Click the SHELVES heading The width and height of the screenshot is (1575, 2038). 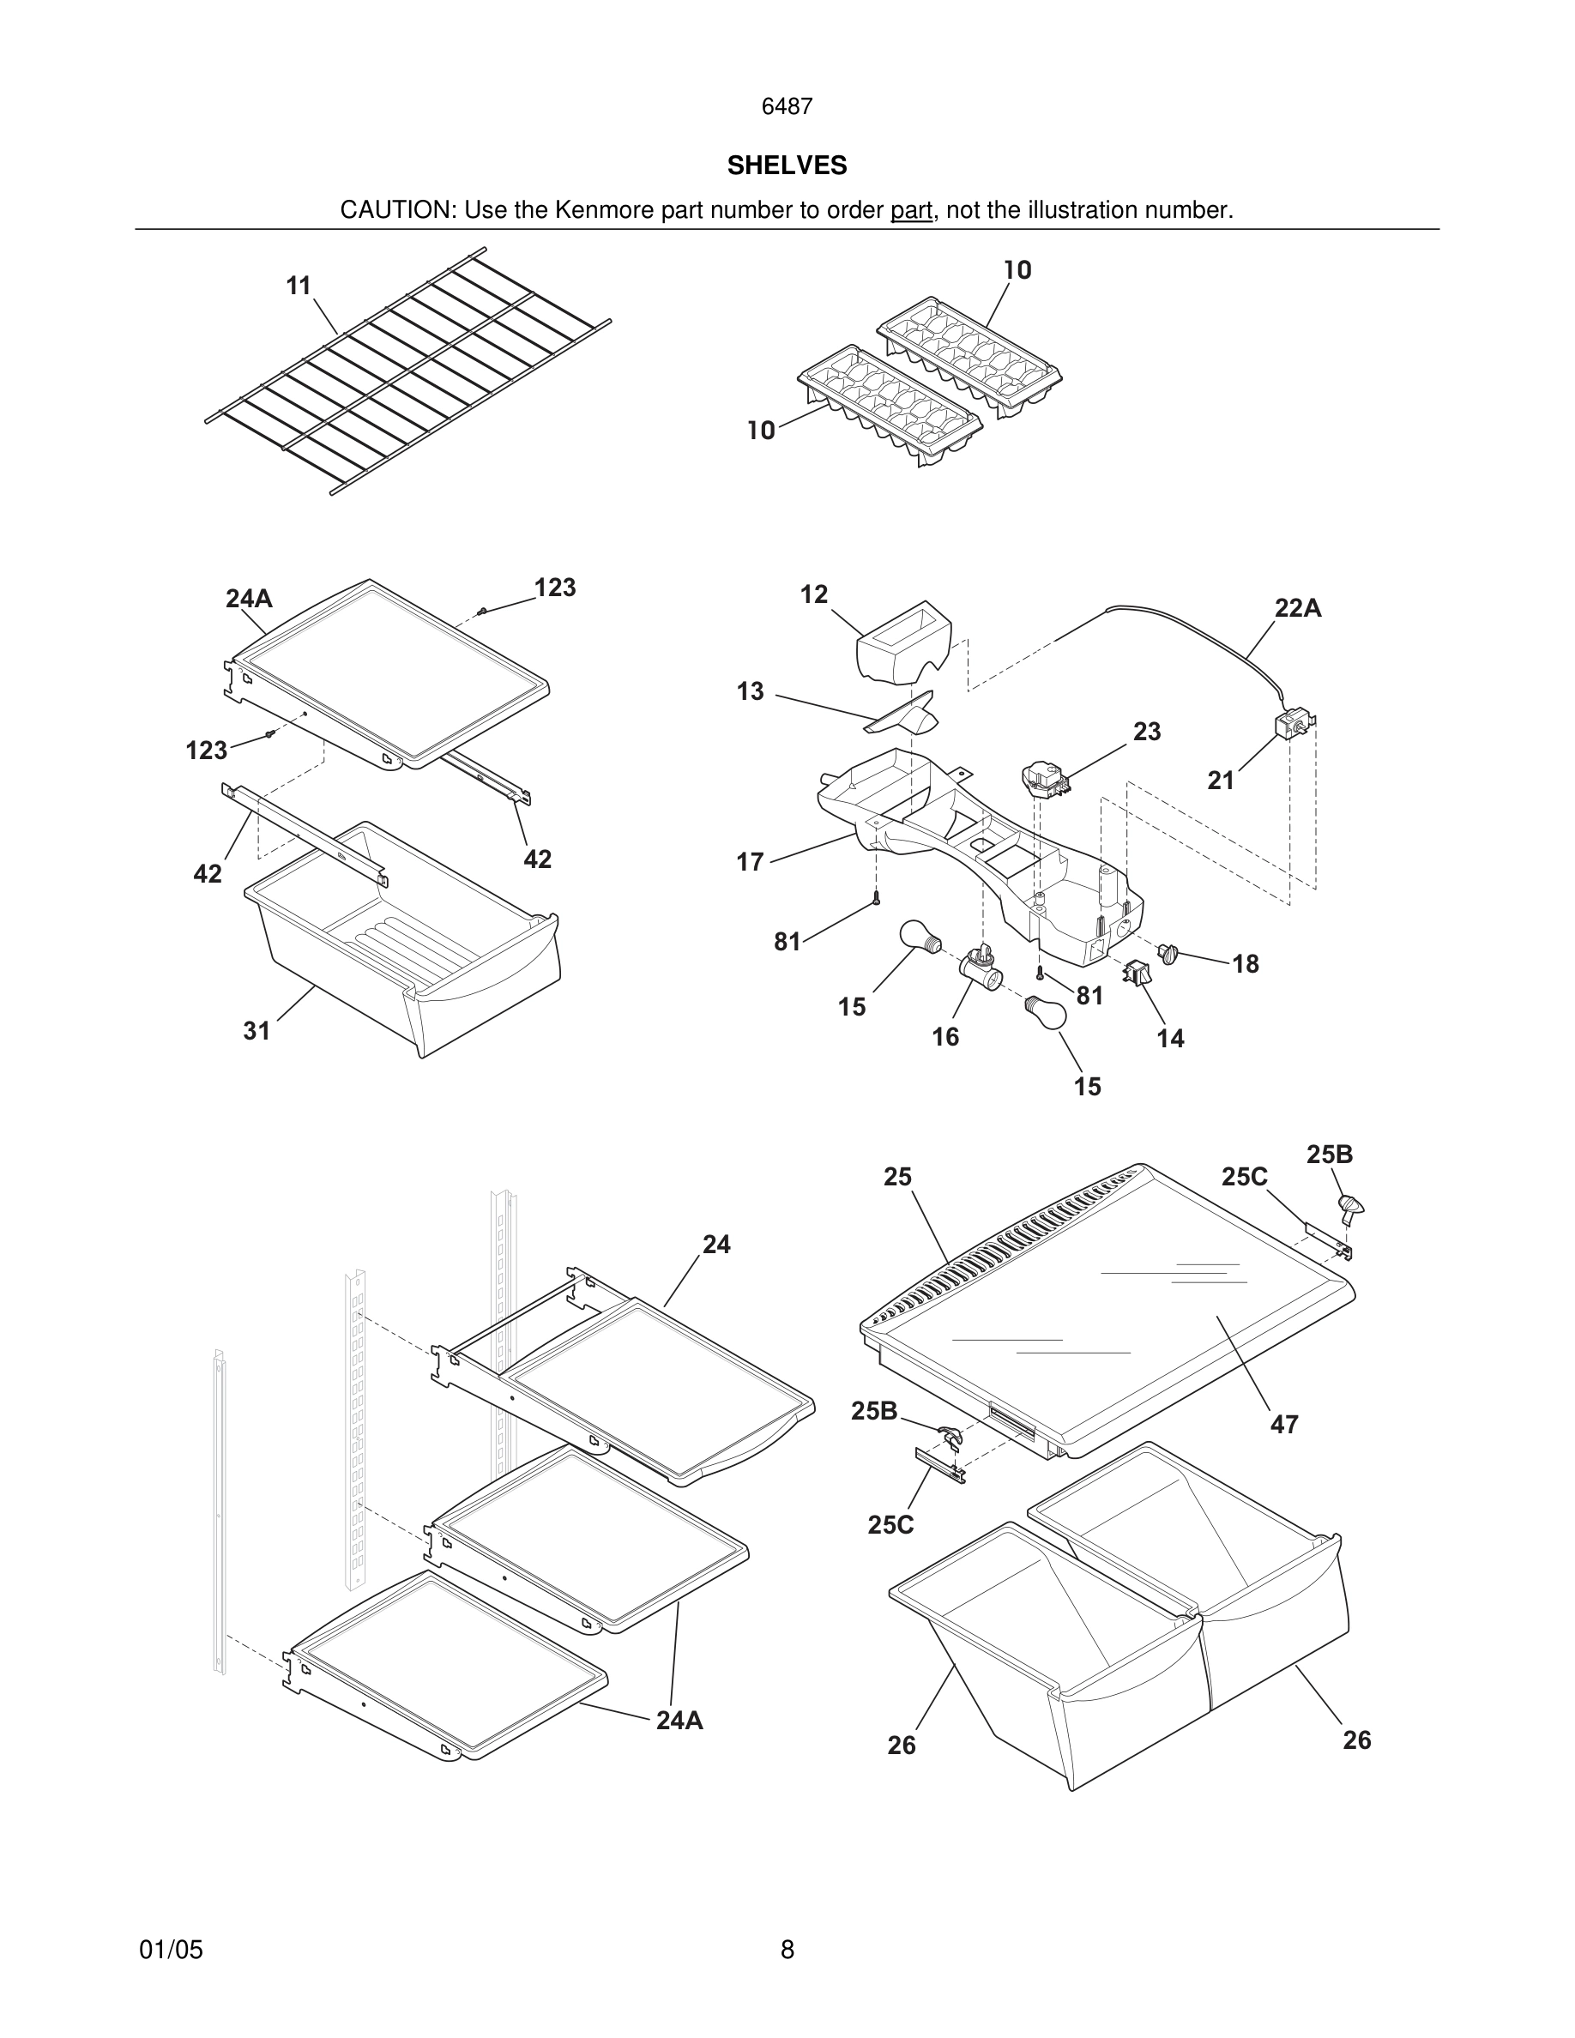[787, 166]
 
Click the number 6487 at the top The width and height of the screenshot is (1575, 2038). [787, 107]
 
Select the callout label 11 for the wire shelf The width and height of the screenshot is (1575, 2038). [299, 286]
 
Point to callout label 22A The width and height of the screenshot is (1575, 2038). [1298, 608]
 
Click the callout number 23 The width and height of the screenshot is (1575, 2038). [1147, 732]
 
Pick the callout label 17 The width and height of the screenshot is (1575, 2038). [750, 861]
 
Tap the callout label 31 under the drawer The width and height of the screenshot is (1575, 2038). [256, 1030]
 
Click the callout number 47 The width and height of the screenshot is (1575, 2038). [1284, 1424]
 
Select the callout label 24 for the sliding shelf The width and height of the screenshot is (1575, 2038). [716, 1244]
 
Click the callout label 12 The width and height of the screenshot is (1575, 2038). [813, 594]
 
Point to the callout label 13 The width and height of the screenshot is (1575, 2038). [750, 691]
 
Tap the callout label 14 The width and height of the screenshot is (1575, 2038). [1170, 1038]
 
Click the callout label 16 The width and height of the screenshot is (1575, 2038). [945, 1037]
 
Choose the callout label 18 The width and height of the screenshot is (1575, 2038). [1246, 964]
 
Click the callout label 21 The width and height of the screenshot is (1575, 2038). [1221, 780]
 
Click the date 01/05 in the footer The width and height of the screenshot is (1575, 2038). [171, 1950]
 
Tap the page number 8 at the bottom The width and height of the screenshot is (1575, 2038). [787, 1950]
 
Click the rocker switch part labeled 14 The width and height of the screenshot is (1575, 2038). [1137, 974]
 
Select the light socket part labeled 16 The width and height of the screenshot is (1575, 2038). [980, 970]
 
